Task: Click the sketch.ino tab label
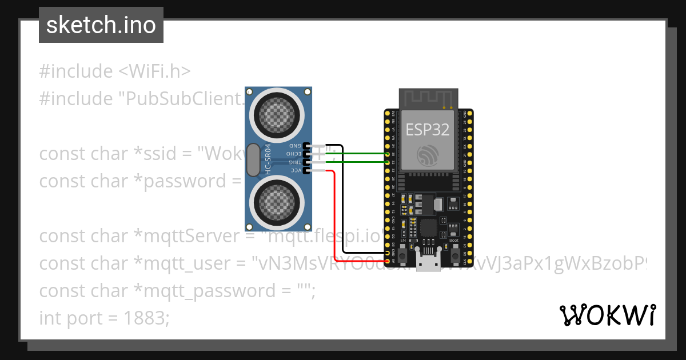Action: (x=101, y=25)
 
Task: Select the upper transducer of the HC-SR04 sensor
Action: (x=277, y=112)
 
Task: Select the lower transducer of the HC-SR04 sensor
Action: (x=277, y=202)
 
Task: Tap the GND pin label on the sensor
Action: (x=296, y=146)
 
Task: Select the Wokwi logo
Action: (x=607, y=315)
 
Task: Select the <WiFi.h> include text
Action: (x=155, y=71)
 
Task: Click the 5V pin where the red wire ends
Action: (x=388, y=261)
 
